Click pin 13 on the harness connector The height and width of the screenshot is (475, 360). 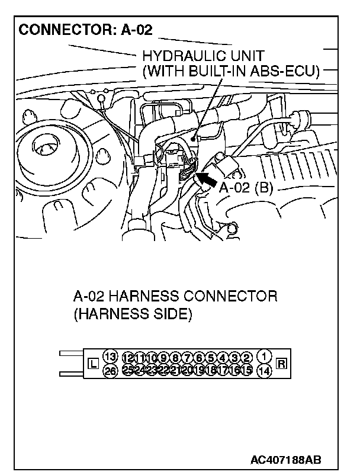click(x=110, y=356)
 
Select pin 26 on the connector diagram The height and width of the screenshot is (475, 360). click(x=110, y=371)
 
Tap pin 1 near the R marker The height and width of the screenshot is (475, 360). click(x=265, y=356)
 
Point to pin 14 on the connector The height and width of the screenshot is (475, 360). click(x=265, y=371)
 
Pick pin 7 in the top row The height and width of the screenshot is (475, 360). click(x=188, y=357)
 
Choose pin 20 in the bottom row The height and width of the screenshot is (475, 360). click(x=188, y=370)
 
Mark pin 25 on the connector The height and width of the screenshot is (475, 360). click(x=128, y=370)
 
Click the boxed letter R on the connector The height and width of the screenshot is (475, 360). click(x=281, y=363)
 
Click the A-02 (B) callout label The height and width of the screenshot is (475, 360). click(x=245, y=188)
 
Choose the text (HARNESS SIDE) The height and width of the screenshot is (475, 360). click(x=133, y=314)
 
